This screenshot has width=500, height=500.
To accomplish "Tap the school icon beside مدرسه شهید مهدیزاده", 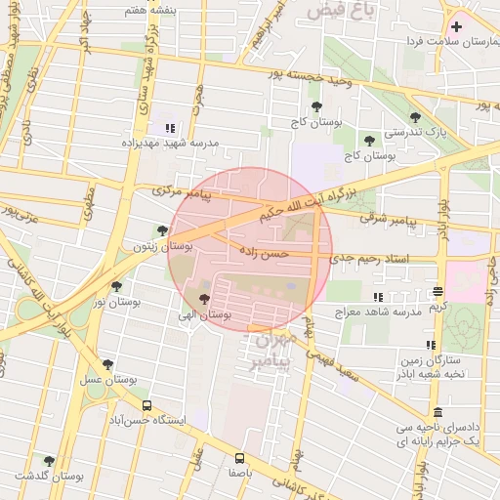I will [171, 128].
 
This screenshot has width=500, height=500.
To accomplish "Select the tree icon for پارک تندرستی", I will [415, 117].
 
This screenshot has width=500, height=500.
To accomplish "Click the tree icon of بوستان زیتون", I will [161, 231].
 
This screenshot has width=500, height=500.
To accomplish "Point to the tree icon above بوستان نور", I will [117, 286].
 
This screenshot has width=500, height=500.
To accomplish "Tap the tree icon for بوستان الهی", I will [204, 299].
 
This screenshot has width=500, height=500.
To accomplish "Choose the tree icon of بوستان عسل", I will [107, 364].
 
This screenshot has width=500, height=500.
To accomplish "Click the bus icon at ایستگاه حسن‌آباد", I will [146, 404].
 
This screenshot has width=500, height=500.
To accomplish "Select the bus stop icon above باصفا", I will [240, 456].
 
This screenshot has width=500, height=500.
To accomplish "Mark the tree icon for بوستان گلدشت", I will [49, 460].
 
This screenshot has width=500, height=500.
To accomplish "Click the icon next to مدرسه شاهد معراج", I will [378, 297].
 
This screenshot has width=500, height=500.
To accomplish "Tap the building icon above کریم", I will [438, 291].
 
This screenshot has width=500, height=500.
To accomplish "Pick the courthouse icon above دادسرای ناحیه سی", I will [437, 412].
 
